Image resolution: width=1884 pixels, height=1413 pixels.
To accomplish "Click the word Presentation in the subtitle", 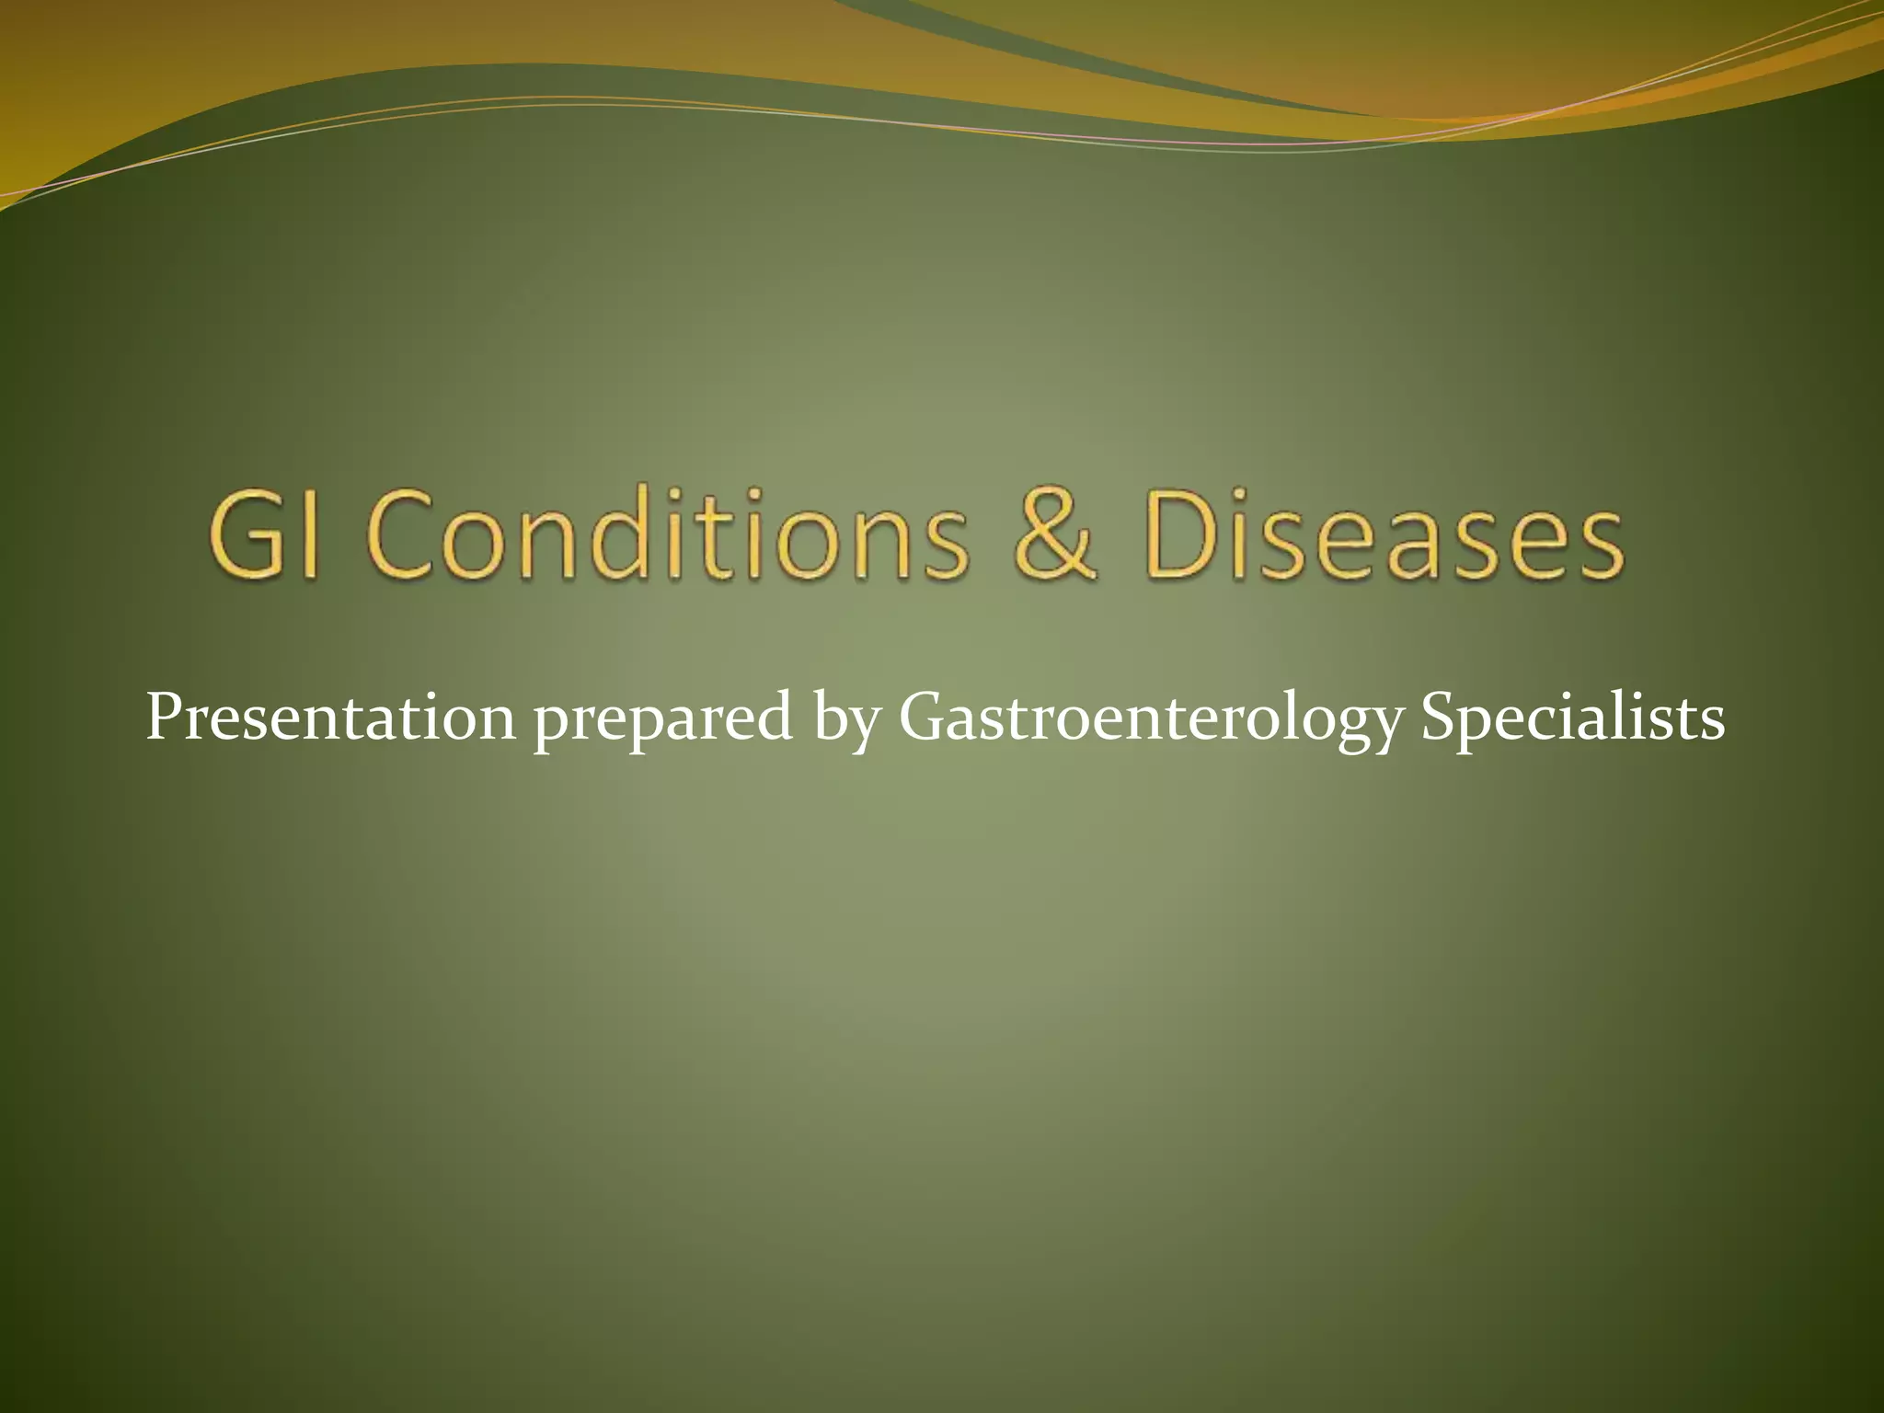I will coord(331,718).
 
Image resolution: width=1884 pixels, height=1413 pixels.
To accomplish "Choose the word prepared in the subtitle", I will coord(662,722).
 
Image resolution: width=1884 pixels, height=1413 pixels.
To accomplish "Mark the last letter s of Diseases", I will coord(1599,548).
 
